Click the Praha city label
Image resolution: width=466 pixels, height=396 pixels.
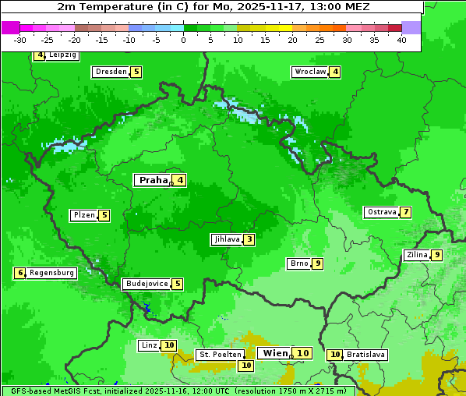point(153,180)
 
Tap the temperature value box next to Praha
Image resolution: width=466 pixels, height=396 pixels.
point(180,180)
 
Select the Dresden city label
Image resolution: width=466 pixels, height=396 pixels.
point(111,72)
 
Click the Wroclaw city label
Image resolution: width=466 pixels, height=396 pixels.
point(309,72)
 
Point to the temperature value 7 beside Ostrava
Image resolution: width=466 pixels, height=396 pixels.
point(406,212)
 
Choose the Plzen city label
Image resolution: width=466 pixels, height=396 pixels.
point(83,215)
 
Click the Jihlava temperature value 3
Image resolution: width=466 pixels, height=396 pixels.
point(249,239)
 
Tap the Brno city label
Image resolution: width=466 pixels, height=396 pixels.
point(298,263)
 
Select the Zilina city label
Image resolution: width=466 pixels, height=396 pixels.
point(417,255)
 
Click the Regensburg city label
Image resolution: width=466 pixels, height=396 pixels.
point(52,273)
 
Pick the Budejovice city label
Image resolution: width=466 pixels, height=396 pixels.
point(147,284)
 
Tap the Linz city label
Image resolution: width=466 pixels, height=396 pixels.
point(149,345)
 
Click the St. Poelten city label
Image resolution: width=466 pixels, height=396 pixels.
point(220,355)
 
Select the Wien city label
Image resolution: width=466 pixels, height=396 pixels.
point(275,353)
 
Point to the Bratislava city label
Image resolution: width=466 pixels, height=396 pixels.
point(365,355)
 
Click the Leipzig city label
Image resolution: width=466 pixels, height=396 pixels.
point(62,55)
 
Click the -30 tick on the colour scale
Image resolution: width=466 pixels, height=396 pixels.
point(20,40)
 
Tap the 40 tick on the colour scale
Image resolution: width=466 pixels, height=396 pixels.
point(401,40)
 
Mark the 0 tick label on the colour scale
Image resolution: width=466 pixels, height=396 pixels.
point(183,40)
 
